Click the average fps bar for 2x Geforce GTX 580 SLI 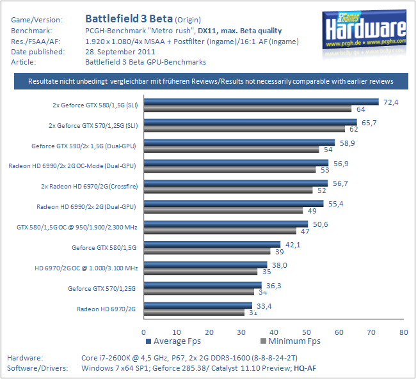click(x=260, y=101)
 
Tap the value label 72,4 click(x=390, y=102)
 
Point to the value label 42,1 click(x=292, y=244)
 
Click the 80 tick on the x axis click(x=403, y=332)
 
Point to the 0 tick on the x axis click(x=143, y=332)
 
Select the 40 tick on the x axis click(x=273, y=332)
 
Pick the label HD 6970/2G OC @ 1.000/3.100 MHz click(x=86, y=268)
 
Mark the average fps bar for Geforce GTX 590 click(x=239, y=142)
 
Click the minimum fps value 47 click(x=305, y=231)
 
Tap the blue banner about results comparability click(x=211, y=81)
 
